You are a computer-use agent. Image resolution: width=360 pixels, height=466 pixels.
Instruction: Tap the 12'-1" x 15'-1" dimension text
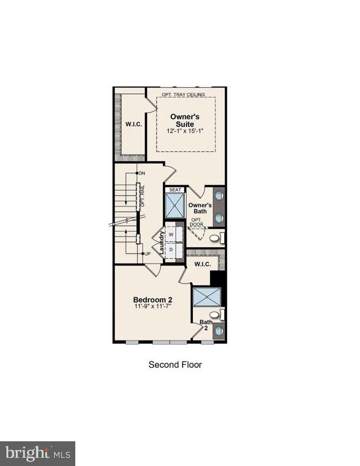pos(185,131)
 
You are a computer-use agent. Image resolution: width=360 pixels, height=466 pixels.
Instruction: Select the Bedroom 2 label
pos(153,299)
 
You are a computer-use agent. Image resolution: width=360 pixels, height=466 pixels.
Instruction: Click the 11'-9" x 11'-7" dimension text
pos(153,308)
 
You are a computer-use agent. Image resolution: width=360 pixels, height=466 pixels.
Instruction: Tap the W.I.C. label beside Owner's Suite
pos(132,124)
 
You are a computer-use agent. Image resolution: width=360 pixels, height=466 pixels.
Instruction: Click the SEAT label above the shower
pos(175,189)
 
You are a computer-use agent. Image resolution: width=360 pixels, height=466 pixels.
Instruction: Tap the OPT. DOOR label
pos(197,223)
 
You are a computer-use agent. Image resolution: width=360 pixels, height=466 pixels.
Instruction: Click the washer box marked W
pos(171,234)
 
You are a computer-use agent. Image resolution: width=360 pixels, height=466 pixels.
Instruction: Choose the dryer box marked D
pos(171,249)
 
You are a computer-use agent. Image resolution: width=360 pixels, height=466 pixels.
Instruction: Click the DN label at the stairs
pos(142,173)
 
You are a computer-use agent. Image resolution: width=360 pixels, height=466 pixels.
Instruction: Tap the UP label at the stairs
pos(148,254)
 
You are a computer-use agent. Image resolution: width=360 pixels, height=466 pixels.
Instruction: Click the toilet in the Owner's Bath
pos(216,238)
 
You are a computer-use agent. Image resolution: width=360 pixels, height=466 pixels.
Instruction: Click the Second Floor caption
pos(175,365)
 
